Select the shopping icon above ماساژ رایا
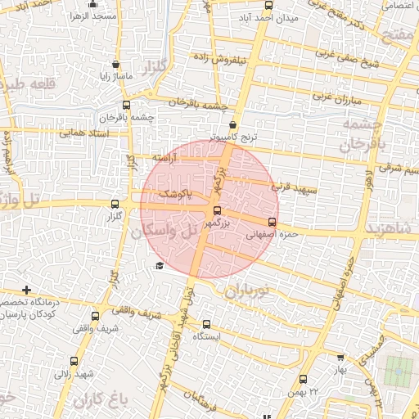(115, 64)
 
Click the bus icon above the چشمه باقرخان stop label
(126, 105)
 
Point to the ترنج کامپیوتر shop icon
(233, 124)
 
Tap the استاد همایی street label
(84, 133)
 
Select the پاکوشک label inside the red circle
(173, 196)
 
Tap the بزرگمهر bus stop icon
(216, 210)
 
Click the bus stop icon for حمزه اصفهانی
(272, 221)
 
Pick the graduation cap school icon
(160, 265)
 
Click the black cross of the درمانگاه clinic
(27, 290)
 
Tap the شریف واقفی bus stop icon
(96, 316)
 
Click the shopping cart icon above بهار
(340, 357)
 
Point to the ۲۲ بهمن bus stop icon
(303, 379)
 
